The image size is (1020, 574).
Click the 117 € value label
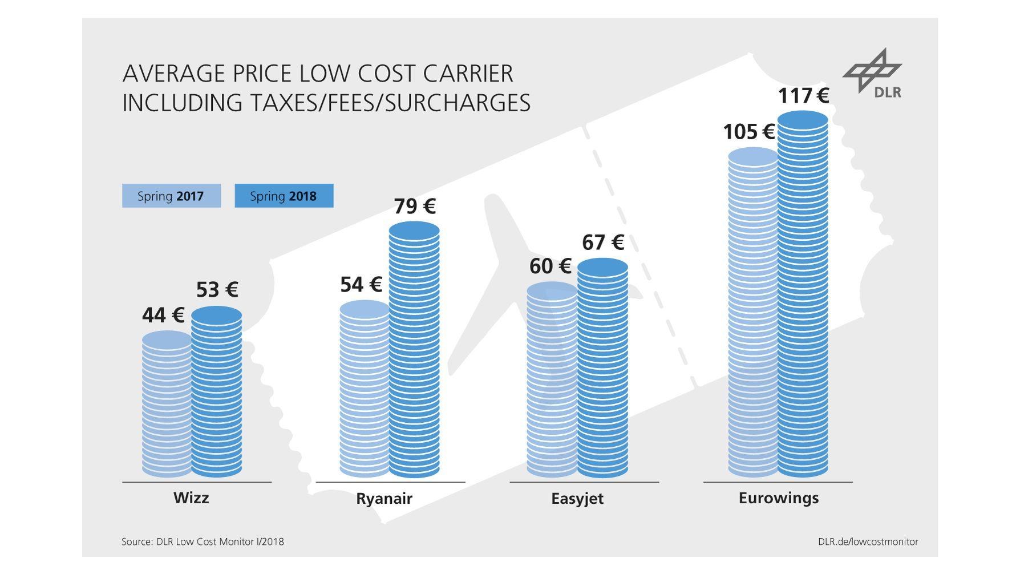coord(803,95)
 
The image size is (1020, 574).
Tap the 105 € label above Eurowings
coord(748,132)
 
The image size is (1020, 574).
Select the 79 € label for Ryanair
coord(415,206)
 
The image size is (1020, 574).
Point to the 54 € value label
coord(361,284)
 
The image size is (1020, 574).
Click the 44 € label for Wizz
coord(163,315)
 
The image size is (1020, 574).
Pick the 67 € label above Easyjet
coord(603,242)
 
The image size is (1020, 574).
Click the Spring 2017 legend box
coord(171,196)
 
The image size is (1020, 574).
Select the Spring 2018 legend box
coord(284,196)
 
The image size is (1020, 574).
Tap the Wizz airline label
coord(191,498)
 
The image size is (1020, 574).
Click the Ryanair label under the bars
coord(384,498)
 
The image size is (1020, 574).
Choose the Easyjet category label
coord(577,498)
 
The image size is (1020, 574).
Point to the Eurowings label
coord(778,498)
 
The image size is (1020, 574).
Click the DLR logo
coord(873,74)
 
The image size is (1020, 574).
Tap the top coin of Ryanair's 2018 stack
coord(414,231)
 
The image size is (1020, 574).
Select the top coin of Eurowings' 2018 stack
coord(803,120)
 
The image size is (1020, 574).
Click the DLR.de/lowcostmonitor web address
coord(868,541)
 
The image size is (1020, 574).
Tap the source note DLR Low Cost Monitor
coord(203,541)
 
